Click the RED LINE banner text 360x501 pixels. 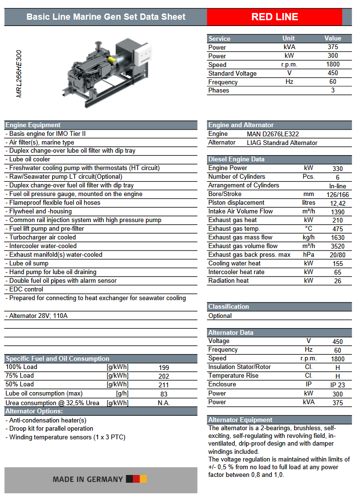coord(274,17)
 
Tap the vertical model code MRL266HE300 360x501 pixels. coord(19,74)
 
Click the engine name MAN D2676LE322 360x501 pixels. coord(273,134)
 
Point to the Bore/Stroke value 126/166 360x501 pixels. coord(338,195)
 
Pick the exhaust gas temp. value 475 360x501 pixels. coord(338,229)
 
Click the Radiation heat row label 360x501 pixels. coord(229,281)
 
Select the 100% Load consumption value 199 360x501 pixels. coord(164,368)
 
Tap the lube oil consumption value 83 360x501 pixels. coord(164,394)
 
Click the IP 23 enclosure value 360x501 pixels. coord(337,385)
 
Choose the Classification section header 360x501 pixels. coord(229,306)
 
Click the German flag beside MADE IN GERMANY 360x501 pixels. coord(136,479)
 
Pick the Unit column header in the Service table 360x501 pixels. coord(289,39)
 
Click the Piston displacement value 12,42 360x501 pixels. coord(338,203)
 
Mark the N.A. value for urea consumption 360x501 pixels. coord(164,403)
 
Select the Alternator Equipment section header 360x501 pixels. coord(240,420)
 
